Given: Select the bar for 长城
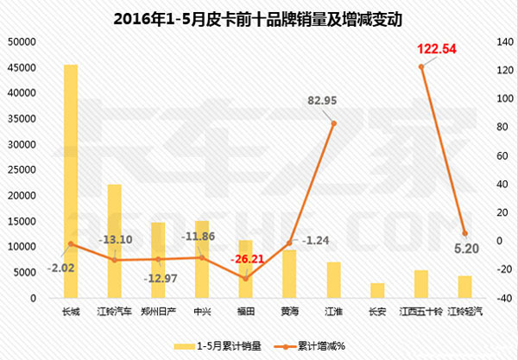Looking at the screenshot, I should point(70,181).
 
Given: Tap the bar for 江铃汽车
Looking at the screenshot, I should point(114,241).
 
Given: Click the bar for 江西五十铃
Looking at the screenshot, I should point(421,284).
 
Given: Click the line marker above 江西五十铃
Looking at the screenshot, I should point(421,66).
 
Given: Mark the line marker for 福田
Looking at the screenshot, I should point(245,278).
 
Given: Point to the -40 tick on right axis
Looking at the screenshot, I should point(496,298).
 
